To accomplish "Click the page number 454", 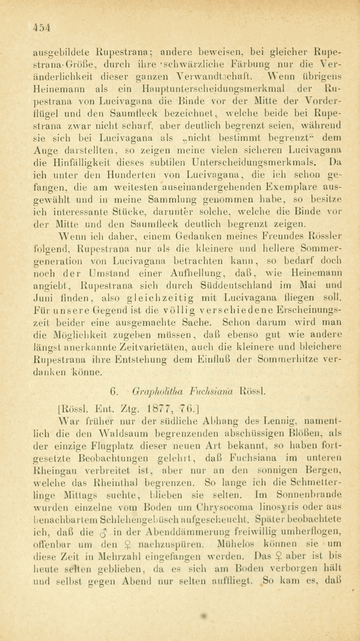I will tap(41, 27).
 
